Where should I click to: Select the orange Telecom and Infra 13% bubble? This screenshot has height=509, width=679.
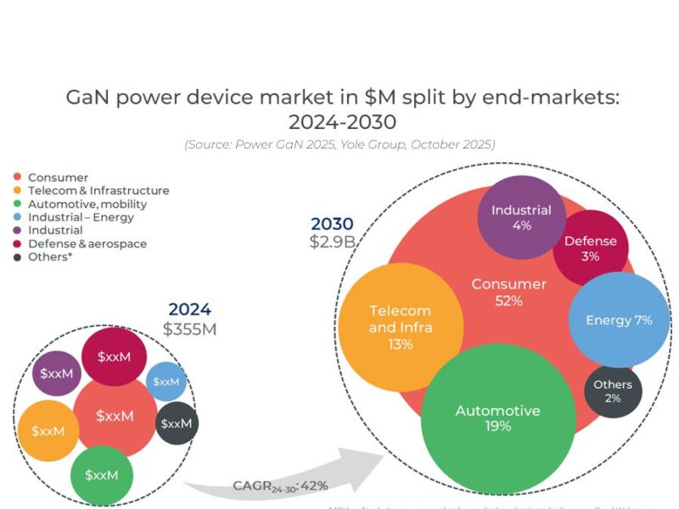(x=401, y=327)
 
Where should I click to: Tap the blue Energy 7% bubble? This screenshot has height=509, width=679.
(x=619, y=320)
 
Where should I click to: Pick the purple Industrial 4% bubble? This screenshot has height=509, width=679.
(x=521, y=217)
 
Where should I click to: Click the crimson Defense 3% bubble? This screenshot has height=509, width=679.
(x=591, y=249)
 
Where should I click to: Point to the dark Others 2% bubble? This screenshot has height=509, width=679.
(x=613, y=392)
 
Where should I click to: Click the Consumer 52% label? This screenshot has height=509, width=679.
(x=508, y=292)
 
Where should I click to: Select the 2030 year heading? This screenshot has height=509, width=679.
(x=332, y=224)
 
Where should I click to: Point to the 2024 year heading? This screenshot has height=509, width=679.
(x=189, y=310)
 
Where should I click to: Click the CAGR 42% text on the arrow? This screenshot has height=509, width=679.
(x=280, y=486)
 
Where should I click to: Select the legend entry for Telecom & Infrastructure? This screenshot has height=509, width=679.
(x=98, y=191)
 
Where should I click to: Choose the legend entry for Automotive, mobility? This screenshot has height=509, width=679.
(x=87, y=204)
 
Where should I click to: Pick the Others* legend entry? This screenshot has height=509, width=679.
(x=49, y=257)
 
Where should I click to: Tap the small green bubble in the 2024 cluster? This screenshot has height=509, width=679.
(x=102, y=475)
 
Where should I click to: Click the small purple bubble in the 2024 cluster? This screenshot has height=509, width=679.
(x=57, y=373)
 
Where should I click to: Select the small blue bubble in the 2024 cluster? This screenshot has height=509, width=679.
(x=166, y=382)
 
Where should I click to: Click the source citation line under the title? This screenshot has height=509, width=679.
(x=339, y=144)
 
